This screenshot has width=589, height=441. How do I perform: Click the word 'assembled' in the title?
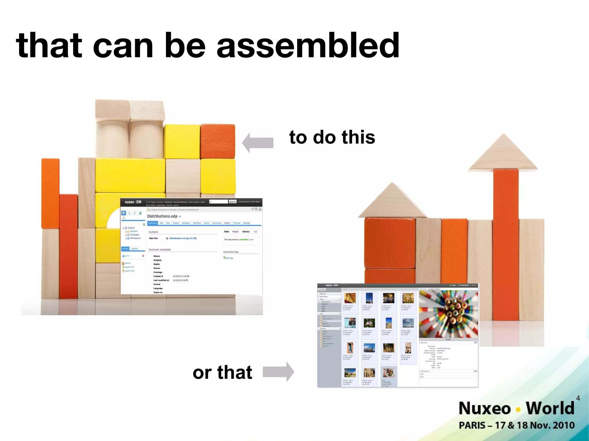pyautogui.click(x=308, y=45)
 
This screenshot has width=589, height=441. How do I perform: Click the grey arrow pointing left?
pyautogui.click(x=258, y=143)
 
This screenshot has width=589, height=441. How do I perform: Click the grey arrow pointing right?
pyautogui.click(x=278, y=372)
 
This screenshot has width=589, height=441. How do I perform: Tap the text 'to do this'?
pyautogui.click(x=332, y=137)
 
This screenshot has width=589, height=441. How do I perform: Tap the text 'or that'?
pyautogui.click(x=222, y=372)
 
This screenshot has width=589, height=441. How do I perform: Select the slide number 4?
pyautogui.click(x=578, y=398)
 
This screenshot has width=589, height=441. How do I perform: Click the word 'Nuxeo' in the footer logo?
pyautogui.click(x=485, y=408)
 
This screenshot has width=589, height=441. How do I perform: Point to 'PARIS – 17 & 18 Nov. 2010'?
pyautogui.click(x=517, y=425)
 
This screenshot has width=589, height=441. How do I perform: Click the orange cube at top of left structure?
pyautogui.click(x=218, y=141)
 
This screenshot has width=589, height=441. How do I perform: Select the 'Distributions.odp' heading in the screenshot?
pyautogui.click(x=162, y=216)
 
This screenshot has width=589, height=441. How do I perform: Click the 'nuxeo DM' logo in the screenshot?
pyautogui.click(x=133, y=202)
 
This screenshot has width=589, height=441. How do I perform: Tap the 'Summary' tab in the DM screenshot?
pyautogui.click(x=152, y=223)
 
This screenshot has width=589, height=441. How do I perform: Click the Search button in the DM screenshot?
pyautogui.click(x=232, y=202)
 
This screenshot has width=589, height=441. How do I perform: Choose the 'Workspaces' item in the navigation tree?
pyautogui.click(x=135, y=238)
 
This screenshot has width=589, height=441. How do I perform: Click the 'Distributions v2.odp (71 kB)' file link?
pyautogui.click(x=183, y=238)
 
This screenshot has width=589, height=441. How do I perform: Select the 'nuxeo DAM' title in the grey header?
pyautogui.click(x=332, y=285)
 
